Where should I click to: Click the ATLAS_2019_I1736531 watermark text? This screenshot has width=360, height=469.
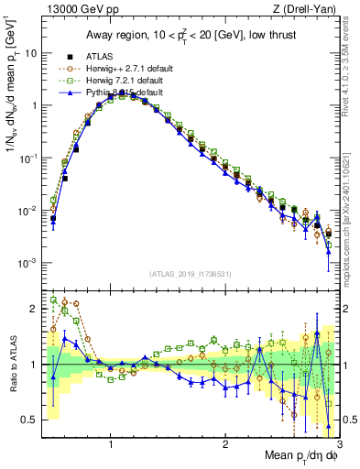click(191, 274)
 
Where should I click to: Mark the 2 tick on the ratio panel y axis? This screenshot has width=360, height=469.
click(35, 309)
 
